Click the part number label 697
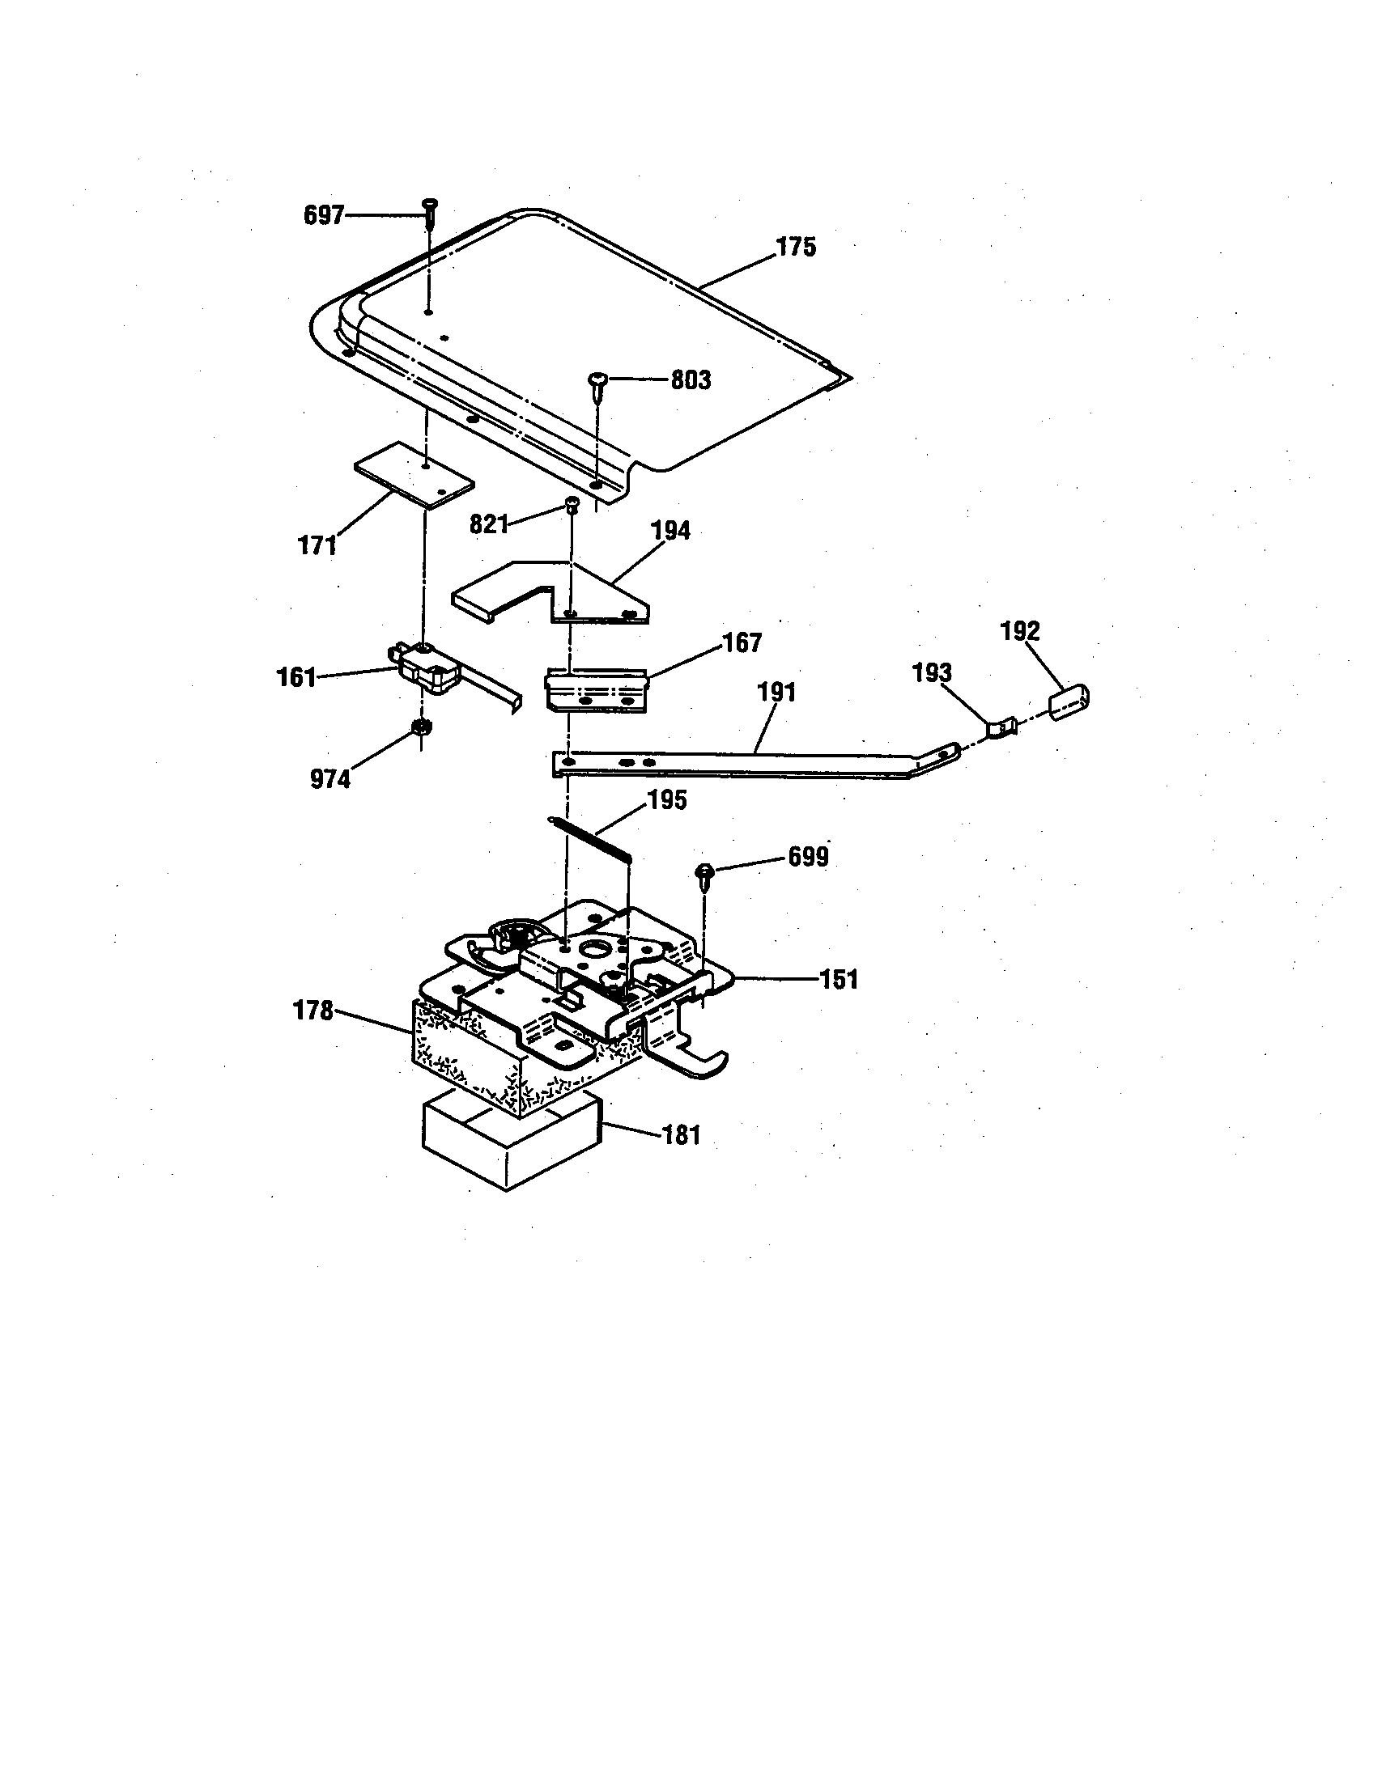[323, 216]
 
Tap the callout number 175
[795, 247]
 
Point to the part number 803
[690, 380]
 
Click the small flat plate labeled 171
[414, 476]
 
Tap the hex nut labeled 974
[421, 727]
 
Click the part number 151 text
[838, 979]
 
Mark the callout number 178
[313, 1011]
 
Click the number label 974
[330, 779]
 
